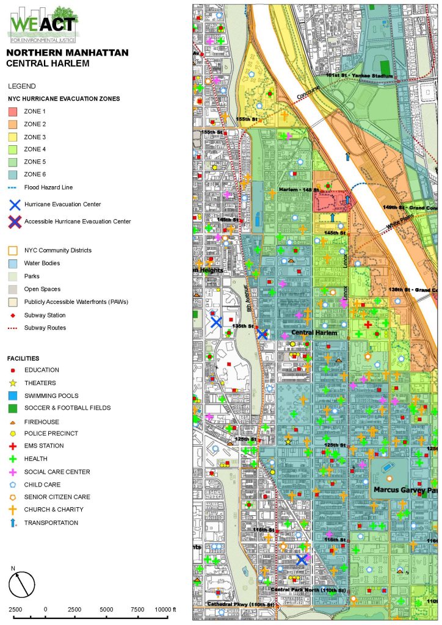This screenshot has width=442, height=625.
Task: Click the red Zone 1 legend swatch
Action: [13, 112]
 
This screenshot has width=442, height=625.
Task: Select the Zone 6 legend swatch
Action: [13, 175]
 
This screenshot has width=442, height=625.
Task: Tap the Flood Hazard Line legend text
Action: [53, 187]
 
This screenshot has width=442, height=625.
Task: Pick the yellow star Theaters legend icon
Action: [13, 383]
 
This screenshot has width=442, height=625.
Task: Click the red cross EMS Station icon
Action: [13, 446]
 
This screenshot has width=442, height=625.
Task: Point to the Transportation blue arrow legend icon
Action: [13, 522]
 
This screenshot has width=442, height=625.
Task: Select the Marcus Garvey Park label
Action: [404, 490]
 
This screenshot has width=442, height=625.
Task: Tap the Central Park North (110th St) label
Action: [308, 590]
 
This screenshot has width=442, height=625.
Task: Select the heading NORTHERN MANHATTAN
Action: [67, 52]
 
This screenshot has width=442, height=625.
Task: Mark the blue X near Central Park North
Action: [302, 558]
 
